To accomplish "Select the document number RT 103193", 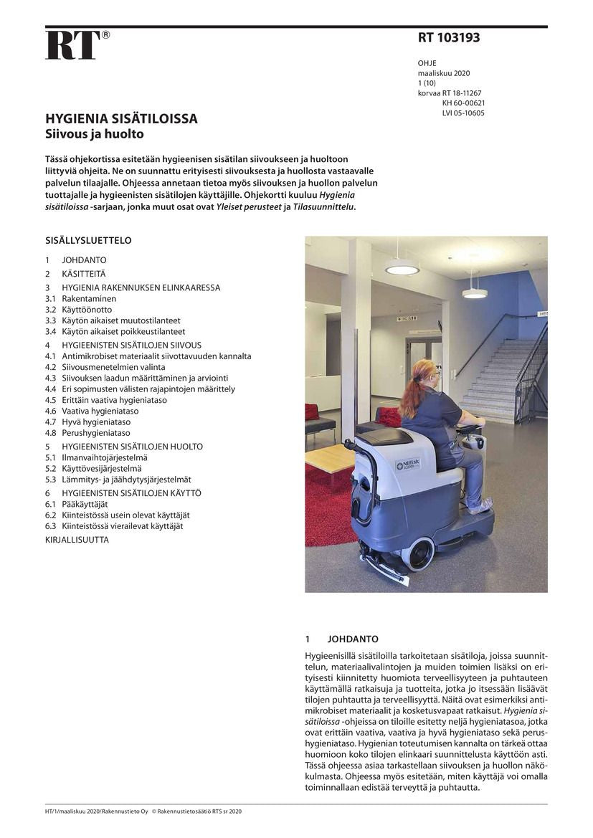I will pyautogui.click(x=449, y=38).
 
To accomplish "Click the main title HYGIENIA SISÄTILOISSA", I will pyautogui.click(x=121, y=119).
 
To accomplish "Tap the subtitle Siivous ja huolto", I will pyautogui.click(x=95, y=134).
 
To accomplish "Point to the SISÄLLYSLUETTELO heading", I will pyautogui.click(x=88, y=241).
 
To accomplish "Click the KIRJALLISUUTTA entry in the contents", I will pyautogui.click(x=77, y=540).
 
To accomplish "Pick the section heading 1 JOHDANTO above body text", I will pyautogui.click(x=342, y=639).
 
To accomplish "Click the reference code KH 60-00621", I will pyautogui.click(x=463, y=103).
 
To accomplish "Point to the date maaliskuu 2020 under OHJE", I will pyautogui.click(x=444, y=73).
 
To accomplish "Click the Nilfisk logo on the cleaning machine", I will pyautogui.click(x=408, y=465).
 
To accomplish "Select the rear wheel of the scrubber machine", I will pyautogui.click(x=417, y=553).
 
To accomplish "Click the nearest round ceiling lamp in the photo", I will pyautogui.click(x=402, y=270).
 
